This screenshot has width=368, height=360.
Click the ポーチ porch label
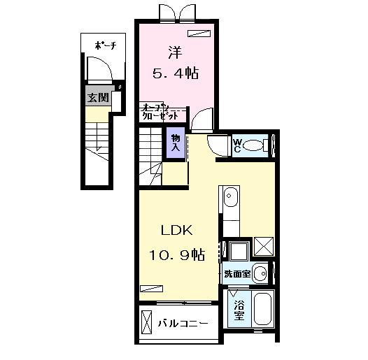[104, 47]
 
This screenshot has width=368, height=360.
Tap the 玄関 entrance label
[97, 97]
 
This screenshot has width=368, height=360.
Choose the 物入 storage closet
[175, 143]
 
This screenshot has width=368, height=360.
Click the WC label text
[237, 145]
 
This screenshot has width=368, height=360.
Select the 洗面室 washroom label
[236, 274]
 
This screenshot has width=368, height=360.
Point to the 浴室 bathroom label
[239, 310]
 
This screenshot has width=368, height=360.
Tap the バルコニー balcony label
[182, 324]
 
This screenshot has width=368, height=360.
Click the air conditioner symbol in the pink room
[199, 33]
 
